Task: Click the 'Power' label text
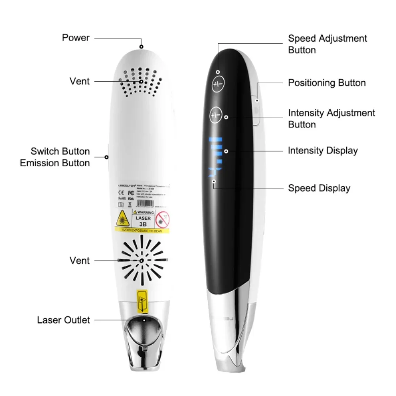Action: (76, 38)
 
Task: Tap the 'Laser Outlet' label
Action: (64, 320)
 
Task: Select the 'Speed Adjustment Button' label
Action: (327, 44)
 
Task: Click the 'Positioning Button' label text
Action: (327, 83)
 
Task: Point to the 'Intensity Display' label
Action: (323, 150)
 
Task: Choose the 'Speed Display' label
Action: (319, 188)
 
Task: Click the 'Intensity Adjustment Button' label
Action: (331, 118)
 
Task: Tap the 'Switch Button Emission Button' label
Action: (55, 157)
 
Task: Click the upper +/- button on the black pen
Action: (218, 85)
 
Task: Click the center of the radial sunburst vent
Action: (142, 261)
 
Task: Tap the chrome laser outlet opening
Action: (143, 327)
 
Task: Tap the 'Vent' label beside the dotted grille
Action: (80, 81)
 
